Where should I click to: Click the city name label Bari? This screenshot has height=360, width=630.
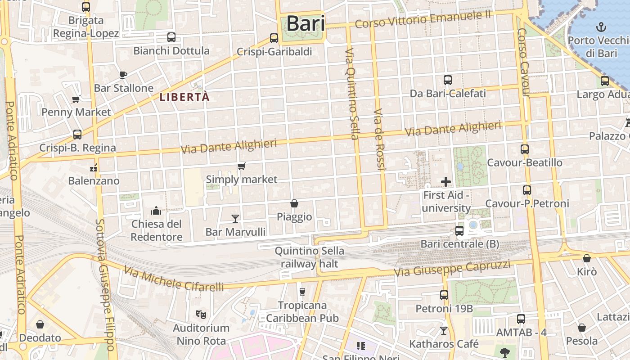306,23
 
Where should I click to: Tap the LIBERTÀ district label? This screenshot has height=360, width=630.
185,97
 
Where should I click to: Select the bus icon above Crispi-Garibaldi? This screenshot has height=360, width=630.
274,38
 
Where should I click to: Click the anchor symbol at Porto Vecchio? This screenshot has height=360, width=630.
601,27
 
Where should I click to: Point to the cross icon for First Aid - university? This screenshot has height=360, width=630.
446,182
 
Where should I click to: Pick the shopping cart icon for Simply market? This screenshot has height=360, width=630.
242,166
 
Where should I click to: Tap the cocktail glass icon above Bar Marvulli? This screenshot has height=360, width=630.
235,219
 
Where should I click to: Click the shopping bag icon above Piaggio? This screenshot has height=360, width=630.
294,203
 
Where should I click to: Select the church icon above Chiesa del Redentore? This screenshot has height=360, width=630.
156,211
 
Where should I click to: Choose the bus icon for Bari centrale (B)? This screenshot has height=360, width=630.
459,231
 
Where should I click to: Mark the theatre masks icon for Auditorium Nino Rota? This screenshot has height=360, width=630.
201,314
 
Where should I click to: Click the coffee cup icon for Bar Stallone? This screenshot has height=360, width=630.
123,75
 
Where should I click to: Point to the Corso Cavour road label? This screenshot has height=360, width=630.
524,63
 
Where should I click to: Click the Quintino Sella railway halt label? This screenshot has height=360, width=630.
309,257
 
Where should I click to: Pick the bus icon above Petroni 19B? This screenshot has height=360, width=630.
444,295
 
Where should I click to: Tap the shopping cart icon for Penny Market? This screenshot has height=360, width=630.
76,99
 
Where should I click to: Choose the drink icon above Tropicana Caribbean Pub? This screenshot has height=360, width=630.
302,292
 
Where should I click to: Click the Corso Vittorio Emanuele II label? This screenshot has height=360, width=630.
423,19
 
